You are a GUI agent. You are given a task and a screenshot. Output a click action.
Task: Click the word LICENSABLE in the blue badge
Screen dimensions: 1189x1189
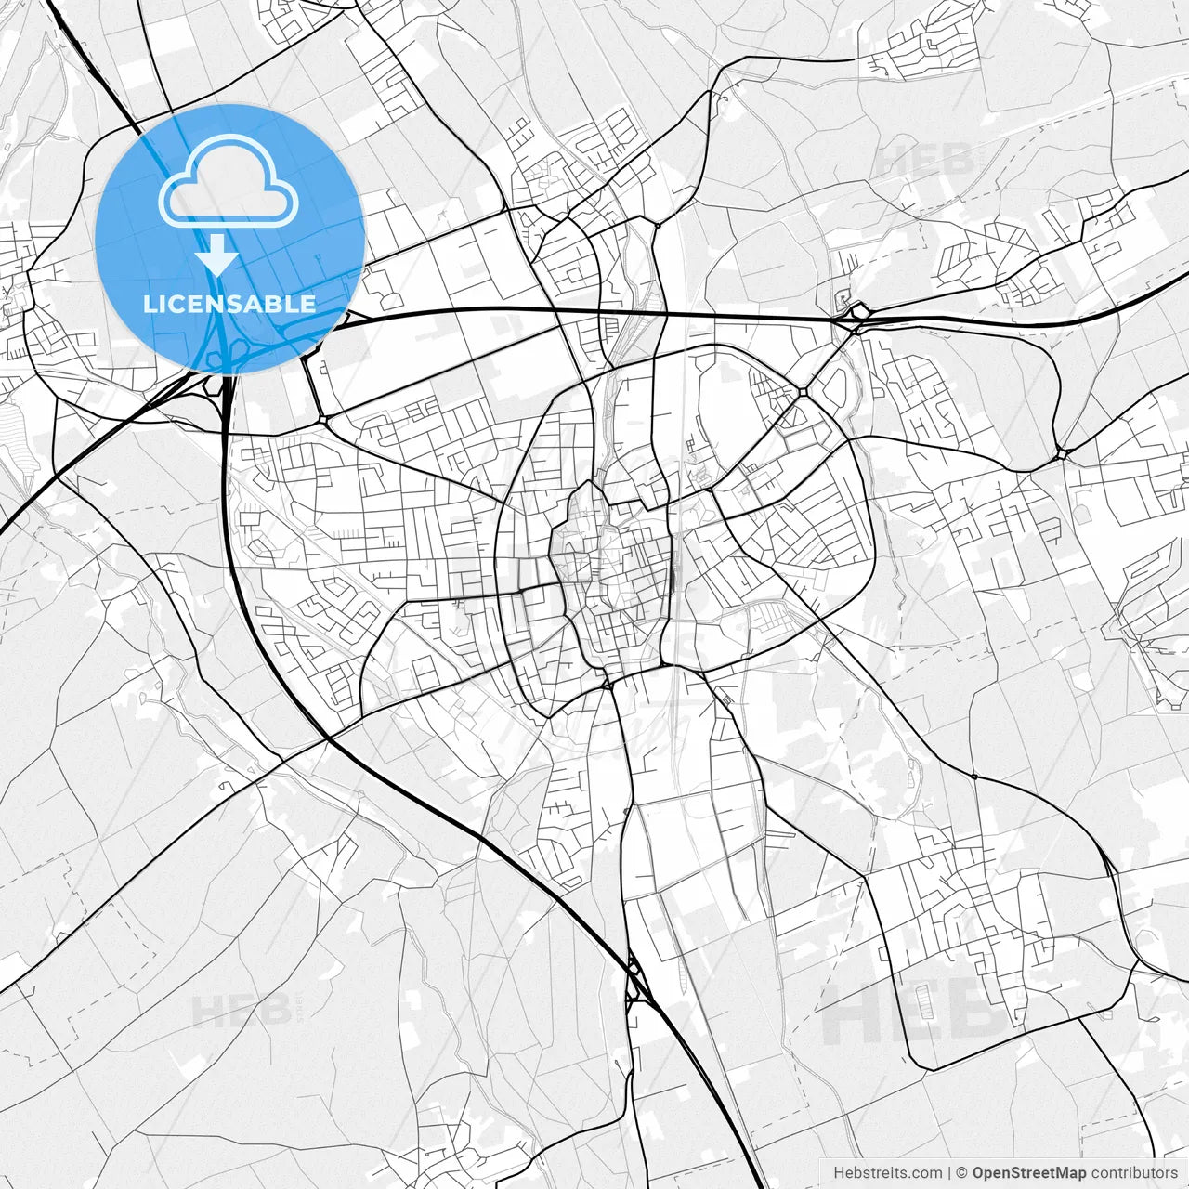point(229,304)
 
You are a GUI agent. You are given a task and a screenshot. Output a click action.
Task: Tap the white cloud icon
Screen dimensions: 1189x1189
point(229,181)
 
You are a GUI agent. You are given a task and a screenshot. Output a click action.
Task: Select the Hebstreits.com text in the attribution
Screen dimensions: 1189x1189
point(887,1173)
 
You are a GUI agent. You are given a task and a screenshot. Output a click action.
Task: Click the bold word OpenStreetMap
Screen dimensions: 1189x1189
point(1029,1173)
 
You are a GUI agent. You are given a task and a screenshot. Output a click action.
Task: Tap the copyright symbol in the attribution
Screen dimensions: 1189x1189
point(962,1173)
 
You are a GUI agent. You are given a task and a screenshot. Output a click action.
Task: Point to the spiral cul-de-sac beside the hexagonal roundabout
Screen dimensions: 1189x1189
point(843,299)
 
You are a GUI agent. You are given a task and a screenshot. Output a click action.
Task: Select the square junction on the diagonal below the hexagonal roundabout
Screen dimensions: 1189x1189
point(801,394)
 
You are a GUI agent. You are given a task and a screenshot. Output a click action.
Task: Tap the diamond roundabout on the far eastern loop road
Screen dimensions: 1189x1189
point(1063,453)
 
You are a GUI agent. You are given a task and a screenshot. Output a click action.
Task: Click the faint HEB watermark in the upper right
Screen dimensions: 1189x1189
point(925,160)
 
